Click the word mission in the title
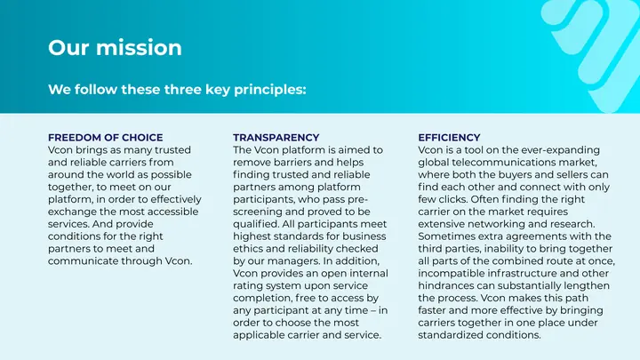tap(139, 47)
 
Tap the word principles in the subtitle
tap(270, 90)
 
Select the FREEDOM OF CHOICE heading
tap(105, 138)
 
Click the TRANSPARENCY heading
tap(276, 138)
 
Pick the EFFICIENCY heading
tap(449, 138)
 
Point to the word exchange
tap(72, 212)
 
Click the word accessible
tap(172, 212)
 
